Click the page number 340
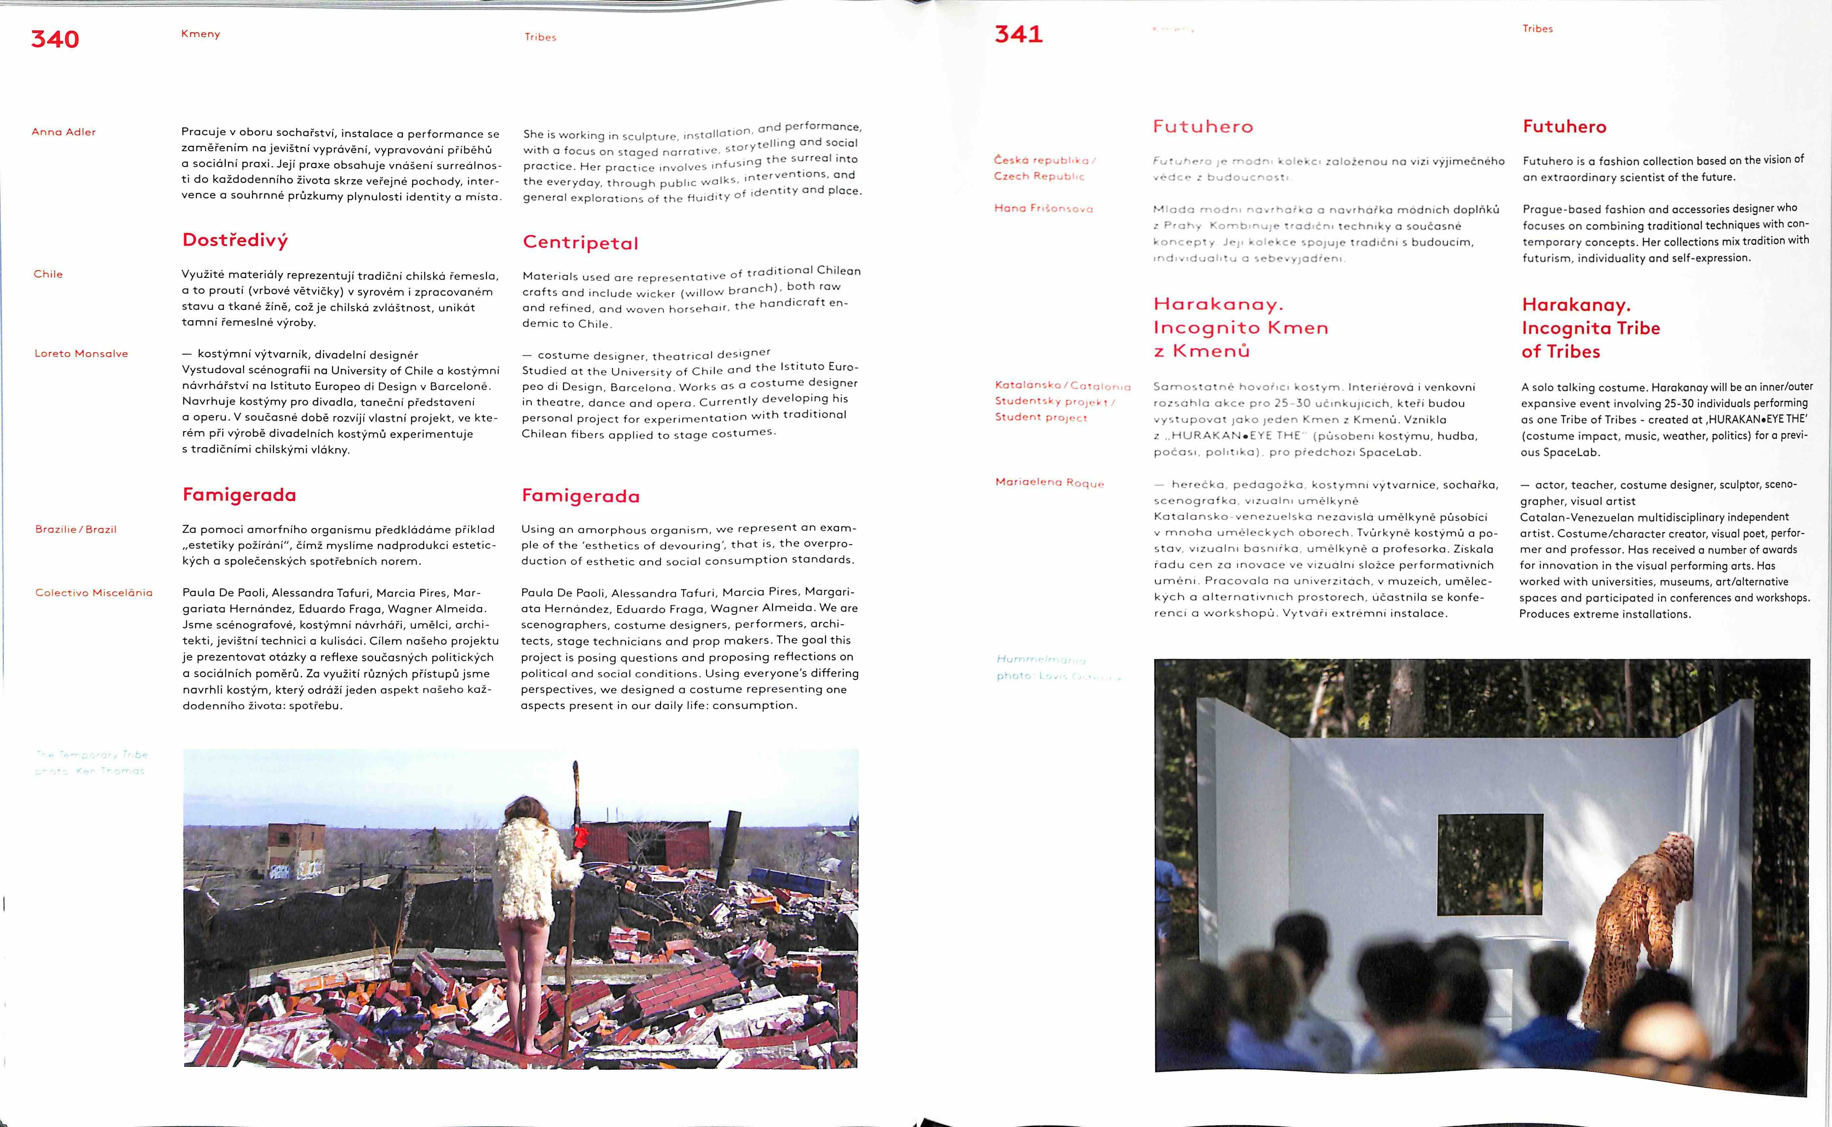click(x=55, y=39)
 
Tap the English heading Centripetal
click(x=581, y=243)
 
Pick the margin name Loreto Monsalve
click(x=81, y=353)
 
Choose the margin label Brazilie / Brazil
click(x=76, y=529)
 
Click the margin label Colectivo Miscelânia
click(x=94, y=593)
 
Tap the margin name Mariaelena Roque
click(x=1049, y=482)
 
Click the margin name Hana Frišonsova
click(x=1043, y=209)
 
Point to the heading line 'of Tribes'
click(x=1561, y=352)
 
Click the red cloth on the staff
click(x=581, y=838)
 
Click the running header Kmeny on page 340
click(x=200, y=34)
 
